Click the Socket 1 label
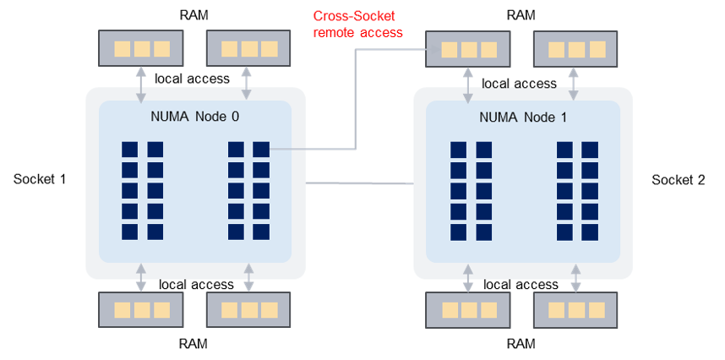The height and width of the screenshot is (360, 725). pos(40,179)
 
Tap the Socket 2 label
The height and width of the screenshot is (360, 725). pos(679,179)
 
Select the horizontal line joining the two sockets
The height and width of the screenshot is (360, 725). pos(359,183)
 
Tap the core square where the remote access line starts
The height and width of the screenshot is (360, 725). pos(262,150)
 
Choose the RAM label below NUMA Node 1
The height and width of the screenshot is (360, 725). pos(520,344)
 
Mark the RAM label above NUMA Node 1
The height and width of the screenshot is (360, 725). pos(520,14)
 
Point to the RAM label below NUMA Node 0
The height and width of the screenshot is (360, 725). pos(193,344)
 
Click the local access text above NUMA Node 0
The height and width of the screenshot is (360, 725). pos(193,79)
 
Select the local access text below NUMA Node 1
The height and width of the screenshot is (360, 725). pos(521,285)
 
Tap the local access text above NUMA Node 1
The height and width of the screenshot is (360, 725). pos(519,83)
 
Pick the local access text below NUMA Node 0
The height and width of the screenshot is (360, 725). pos(196,285)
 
